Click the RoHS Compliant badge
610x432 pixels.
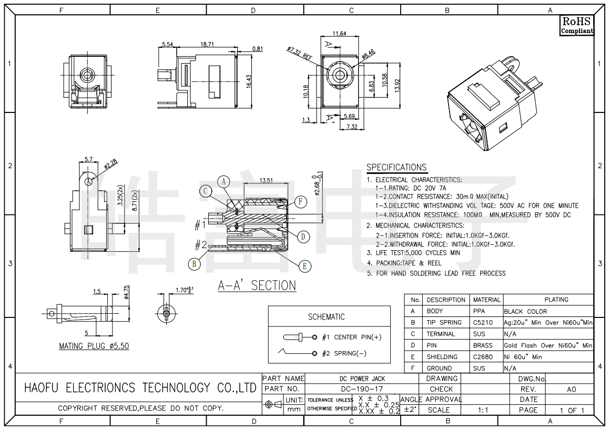coord(576,25)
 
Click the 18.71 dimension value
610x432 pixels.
coord(207,45)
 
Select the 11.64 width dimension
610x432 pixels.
coord(339,34)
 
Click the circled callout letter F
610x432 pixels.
coord(300,201)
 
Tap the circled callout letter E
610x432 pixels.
coord(304,266)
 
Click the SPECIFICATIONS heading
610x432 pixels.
coord(396,167)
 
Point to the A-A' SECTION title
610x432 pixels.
coord(257,285)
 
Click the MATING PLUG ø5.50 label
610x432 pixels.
coord(94,346)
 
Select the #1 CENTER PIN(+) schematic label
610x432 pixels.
coord(351,337)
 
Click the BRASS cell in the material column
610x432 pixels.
coord(483,345)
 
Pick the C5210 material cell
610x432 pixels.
coord(483,322)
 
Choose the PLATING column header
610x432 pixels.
coord(556,300)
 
